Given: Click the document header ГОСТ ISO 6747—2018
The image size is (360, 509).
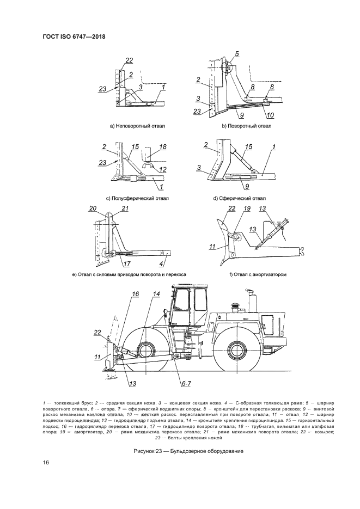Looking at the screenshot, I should point(74,37).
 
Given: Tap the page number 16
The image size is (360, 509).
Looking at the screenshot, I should point(46,463).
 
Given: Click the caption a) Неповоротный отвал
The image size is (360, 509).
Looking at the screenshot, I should point(137,126).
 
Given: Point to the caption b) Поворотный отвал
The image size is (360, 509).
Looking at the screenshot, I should point(246,126).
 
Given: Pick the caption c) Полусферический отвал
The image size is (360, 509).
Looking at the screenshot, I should point(137,198).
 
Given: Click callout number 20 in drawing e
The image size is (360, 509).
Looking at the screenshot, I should point(93,208).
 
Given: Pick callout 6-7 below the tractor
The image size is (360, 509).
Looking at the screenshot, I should point(187,383).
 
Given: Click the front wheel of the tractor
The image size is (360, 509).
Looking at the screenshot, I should point(147,348).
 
